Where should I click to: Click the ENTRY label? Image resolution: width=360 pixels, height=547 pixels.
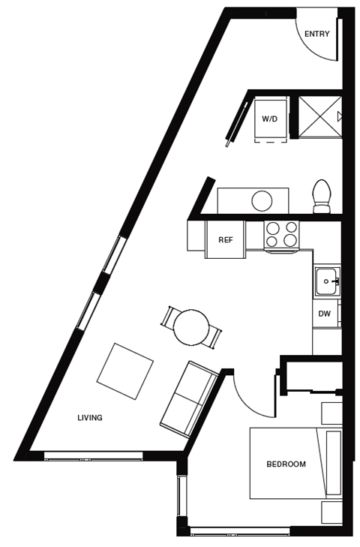coord(316,34)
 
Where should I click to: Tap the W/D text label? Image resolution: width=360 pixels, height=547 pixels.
coord(269,119)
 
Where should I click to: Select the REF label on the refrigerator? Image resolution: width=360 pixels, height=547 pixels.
coord(224,240)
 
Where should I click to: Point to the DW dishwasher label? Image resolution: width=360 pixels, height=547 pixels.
coord(324,314)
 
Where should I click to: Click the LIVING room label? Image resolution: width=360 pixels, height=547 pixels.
coord(90,417)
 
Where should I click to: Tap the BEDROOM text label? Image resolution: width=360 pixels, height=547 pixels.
coord(286,464)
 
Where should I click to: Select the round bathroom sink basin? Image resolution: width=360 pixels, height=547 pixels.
coord(262,201)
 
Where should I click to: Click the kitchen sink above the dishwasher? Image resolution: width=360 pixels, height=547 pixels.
coord(327,281)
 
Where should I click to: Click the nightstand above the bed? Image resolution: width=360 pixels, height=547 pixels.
coord(331,413)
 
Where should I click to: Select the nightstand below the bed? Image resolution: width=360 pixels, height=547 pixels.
coord(331,512)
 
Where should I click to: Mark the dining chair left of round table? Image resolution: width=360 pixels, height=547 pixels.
coord(168,316)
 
